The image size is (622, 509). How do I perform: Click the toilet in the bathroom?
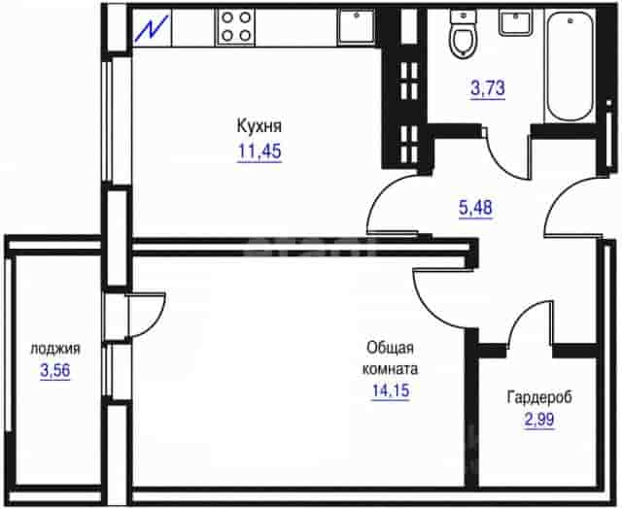pos(463,34)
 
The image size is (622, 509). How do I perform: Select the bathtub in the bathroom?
pos(570,66)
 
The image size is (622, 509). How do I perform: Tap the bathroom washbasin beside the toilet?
pos(515,23)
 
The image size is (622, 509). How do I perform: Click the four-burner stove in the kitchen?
pos(235,27)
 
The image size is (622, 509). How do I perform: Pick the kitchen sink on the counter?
pos(356,26)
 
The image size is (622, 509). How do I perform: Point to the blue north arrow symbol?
pos(152,28)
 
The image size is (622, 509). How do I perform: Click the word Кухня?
pos(259,126)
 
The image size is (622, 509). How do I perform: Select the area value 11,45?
pos(259,152)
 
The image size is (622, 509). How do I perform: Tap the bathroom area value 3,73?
pos(488,88)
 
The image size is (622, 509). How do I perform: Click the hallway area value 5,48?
pos(475,208)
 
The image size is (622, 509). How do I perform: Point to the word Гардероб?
pos(539,397)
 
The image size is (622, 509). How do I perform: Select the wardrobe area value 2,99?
pos(539,420)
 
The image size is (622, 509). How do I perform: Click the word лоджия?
pos(55,349)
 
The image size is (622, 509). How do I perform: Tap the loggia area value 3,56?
pos(55,371)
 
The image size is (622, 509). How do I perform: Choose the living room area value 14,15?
pos(391,390)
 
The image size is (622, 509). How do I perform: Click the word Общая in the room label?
pos(390,348)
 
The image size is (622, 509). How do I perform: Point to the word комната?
pos(390,369)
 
